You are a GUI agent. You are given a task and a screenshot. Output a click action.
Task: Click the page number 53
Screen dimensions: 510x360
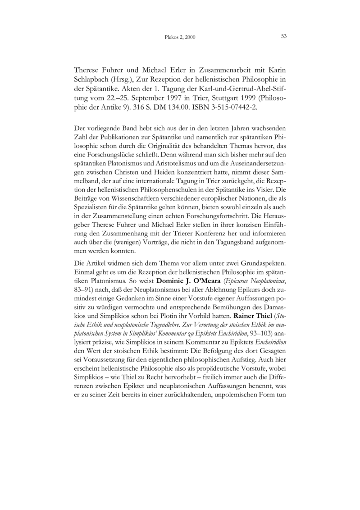click(x=284, y=36)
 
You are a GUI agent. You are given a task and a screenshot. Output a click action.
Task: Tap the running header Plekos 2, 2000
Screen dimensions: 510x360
click(x=180, y=37)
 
